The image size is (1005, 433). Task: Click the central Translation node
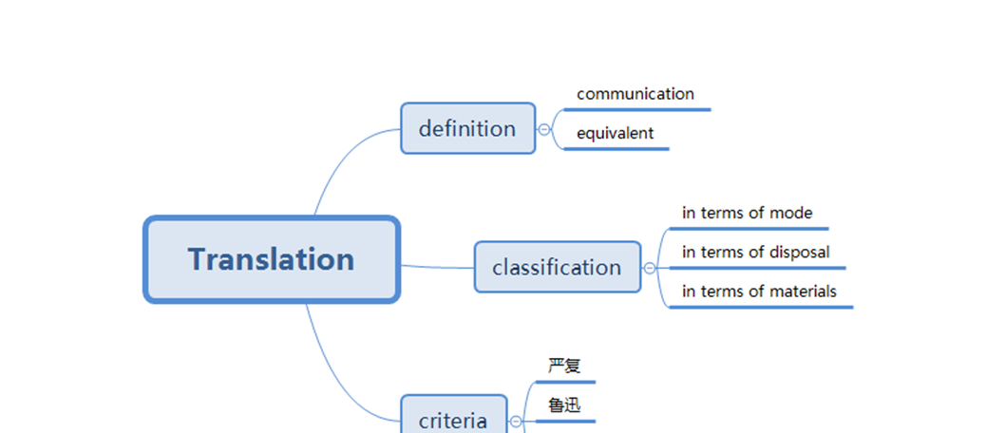tap(272, 259)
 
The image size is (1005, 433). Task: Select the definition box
tap(467, 128)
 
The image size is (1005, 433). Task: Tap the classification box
tap(558, 267)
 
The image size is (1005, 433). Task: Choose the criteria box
tap(453, 419)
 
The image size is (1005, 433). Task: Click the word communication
tap(635, 94)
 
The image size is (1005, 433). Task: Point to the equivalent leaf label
tap(615, 133)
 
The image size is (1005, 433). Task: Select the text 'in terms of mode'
tap(747, 213)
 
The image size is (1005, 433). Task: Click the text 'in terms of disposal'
tap(755, 252)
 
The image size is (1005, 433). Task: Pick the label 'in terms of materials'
tap(759, 292)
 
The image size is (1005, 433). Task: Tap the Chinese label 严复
tap(564, 366)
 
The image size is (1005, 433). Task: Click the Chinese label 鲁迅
tap(564, 405)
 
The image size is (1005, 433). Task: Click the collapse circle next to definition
tap(544, 129)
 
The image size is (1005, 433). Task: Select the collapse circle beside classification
tap(650, 268)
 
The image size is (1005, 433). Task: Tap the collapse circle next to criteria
tap(516, 421)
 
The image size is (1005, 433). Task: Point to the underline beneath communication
tap(636, 109)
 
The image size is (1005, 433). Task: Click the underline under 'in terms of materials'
tap(760, 307)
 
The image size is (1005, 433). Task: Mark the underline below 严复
tap(565, 382)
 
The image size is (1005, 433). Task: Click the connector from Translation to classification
tap(437, 267)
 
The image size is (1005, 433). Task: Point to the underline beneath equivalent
tap(617, 149)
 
